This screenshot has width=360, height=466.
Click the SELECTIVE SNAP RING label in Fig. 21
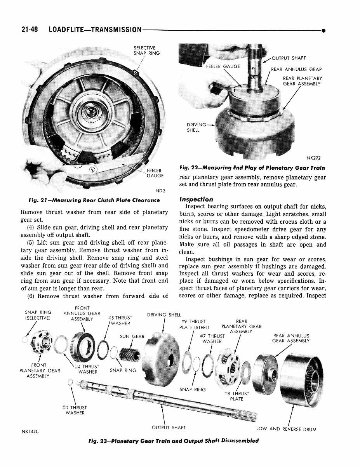pos(144,50)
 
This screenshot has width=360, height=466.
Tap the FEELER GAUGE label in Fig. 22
pos(223,66)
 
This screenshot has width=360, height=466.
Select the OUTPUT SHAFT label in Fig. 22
pos(289,58)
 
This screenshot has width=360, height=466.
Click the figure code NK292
pos(313,158)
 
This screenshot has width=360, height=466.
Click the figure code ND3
pos(160,191)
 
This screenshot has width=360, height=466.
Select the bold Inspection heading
pos(196,199)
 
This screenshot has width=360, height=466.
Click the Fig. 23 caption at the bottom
pos(173,441)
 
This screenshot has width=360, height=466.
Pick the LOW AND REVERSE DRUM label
pos(286,429)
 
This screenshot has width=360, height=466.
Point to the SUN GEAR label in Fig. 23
pos(132,336)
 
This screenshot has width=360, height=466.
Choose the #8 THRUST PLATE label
pos(236,396)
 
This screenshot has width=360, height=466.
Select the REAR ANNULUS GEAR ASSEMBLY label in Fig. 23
pos(291,338)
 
